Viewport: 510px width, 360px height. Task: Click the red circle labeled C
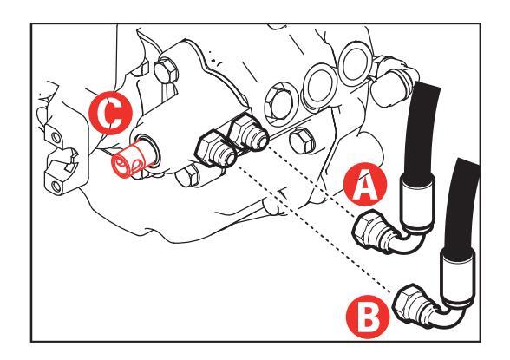[x=111, y=114]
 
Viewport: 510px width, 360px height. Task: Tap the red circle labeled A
[x=365, y=184]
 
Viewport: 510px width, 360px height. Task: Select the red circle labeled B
[x=368, y=317]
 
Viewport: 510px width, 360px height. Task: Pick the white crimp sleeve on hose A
[x=418, y=201]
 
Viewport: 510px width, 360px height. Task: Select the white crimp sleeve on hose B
[x=457, y=276]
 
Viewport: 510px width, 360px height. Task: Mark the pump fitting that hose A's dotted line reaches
[x=248, y=133]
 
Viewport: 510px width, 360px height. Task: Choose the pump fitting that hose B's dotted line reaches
[x=215, y=148]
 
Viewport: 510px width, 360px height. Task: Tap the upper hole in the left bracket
[x=56, y=138]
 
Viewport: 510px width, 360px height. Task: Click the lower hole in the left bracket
[x=56, y=187]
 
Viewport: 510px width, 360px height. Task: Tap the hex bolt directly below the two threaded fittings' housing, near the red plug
[x=187, y=174]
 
